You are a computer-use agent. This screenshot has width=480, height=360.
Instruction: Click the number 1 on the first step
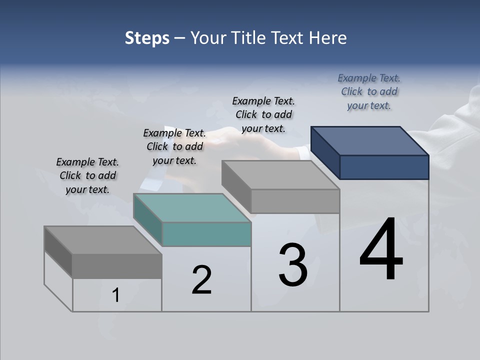point(116,295)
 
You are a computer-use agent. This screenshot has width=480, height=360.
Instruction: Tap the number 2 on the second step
point(201,280)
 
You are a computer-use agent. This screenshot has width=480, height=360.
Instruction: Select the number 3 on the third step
point(293,265)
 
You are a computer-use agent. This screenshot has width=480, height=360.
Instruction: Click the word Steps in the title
point(147,38)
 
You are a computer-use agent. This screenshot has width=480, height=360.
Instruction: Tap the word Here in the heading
point(327,38)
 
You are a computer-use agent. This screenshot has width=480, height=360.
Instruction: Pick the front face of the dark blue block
point(384,167)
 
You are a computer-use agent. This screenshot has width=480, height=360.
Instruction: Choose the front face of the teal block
point(206,234)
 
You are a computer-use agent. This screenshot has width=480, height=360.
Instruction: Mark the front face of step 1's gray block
point(117,266)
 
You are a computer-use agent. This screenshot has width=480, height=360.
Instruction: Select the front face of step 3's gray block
point(295,201)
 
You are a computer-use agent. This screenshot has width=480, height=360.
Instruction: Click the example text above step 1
point(87,175)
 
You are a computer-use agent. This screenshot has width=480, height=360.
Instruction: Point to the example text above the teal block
point(174,146)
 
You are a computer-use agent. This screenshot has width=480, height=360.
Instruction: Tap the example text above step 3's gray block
point(263,114)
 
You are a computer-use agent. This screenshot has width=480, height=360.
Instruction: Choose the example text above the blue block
point(369,91)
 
